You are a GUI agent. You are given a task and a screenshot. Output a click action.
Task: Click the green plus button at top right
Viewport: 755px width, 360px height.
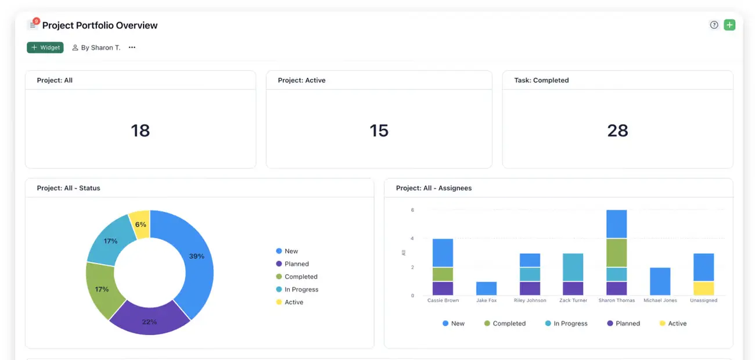[x=729, y=25]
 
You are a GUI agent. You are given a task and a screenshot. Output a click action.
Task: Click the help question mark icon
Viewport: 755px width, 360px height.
[x=714, y=25]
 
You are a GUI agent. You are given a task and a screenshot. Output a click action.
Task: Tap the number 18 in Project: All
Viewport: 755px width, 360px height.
[x=141, y=130]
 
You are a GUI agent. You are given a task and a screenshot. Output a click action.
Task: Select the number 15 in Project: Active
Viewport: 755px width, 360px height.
[x=379, y=130]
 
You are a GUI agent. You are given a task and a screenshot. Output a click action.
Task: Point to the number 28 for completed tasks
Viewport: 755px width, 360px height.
[x=617, y=130]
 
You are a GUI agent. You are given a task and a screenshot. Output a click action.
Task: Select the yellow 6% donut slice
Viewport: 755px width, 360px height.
[x=141, y=224]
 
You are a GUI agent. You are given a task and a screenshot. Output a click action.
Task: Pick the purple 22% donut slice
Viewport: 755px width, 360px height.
[x=149, y=322]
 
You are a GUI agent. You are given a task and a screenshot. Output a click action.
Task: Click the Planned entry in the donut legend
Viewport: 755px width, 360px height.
[x=296, y=264]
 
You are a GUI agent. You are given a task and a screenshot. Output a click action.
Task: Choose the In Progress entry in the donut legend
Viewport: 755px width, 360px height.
[x=301, y=290]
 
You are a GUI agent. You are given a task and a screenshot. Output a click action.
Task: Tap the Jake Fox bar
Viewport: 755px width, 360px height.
[x=486, y=289]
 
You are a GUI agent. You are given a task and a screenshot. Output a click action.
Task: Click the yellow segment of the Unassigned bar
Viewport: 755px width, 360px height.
[x=703, y=289]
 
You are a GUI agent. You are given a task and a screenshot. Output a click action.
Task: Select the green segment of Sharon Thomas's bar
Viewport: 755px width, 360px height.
[x=616, y=253]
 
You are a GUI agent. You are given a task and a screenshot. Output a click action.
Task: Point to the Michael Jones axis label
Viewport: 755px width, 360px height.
[x=660, y=301]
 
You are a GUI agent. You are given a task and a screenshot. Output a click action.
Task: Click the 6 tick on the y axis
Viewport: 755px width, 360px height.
[x=412, y=210]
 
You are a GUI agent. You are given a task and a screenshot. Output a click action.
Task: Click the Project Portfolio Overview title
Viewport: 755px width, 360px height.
[x=100, y=26]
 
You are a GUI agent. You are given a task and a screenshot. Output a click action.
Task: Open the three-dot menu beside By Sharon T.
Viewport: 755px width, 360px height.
[x=132, y=48]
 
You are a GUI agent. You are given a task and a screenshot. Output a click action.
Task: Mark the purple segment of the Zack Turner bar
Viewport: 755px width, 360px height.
[x=573, y=289]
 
